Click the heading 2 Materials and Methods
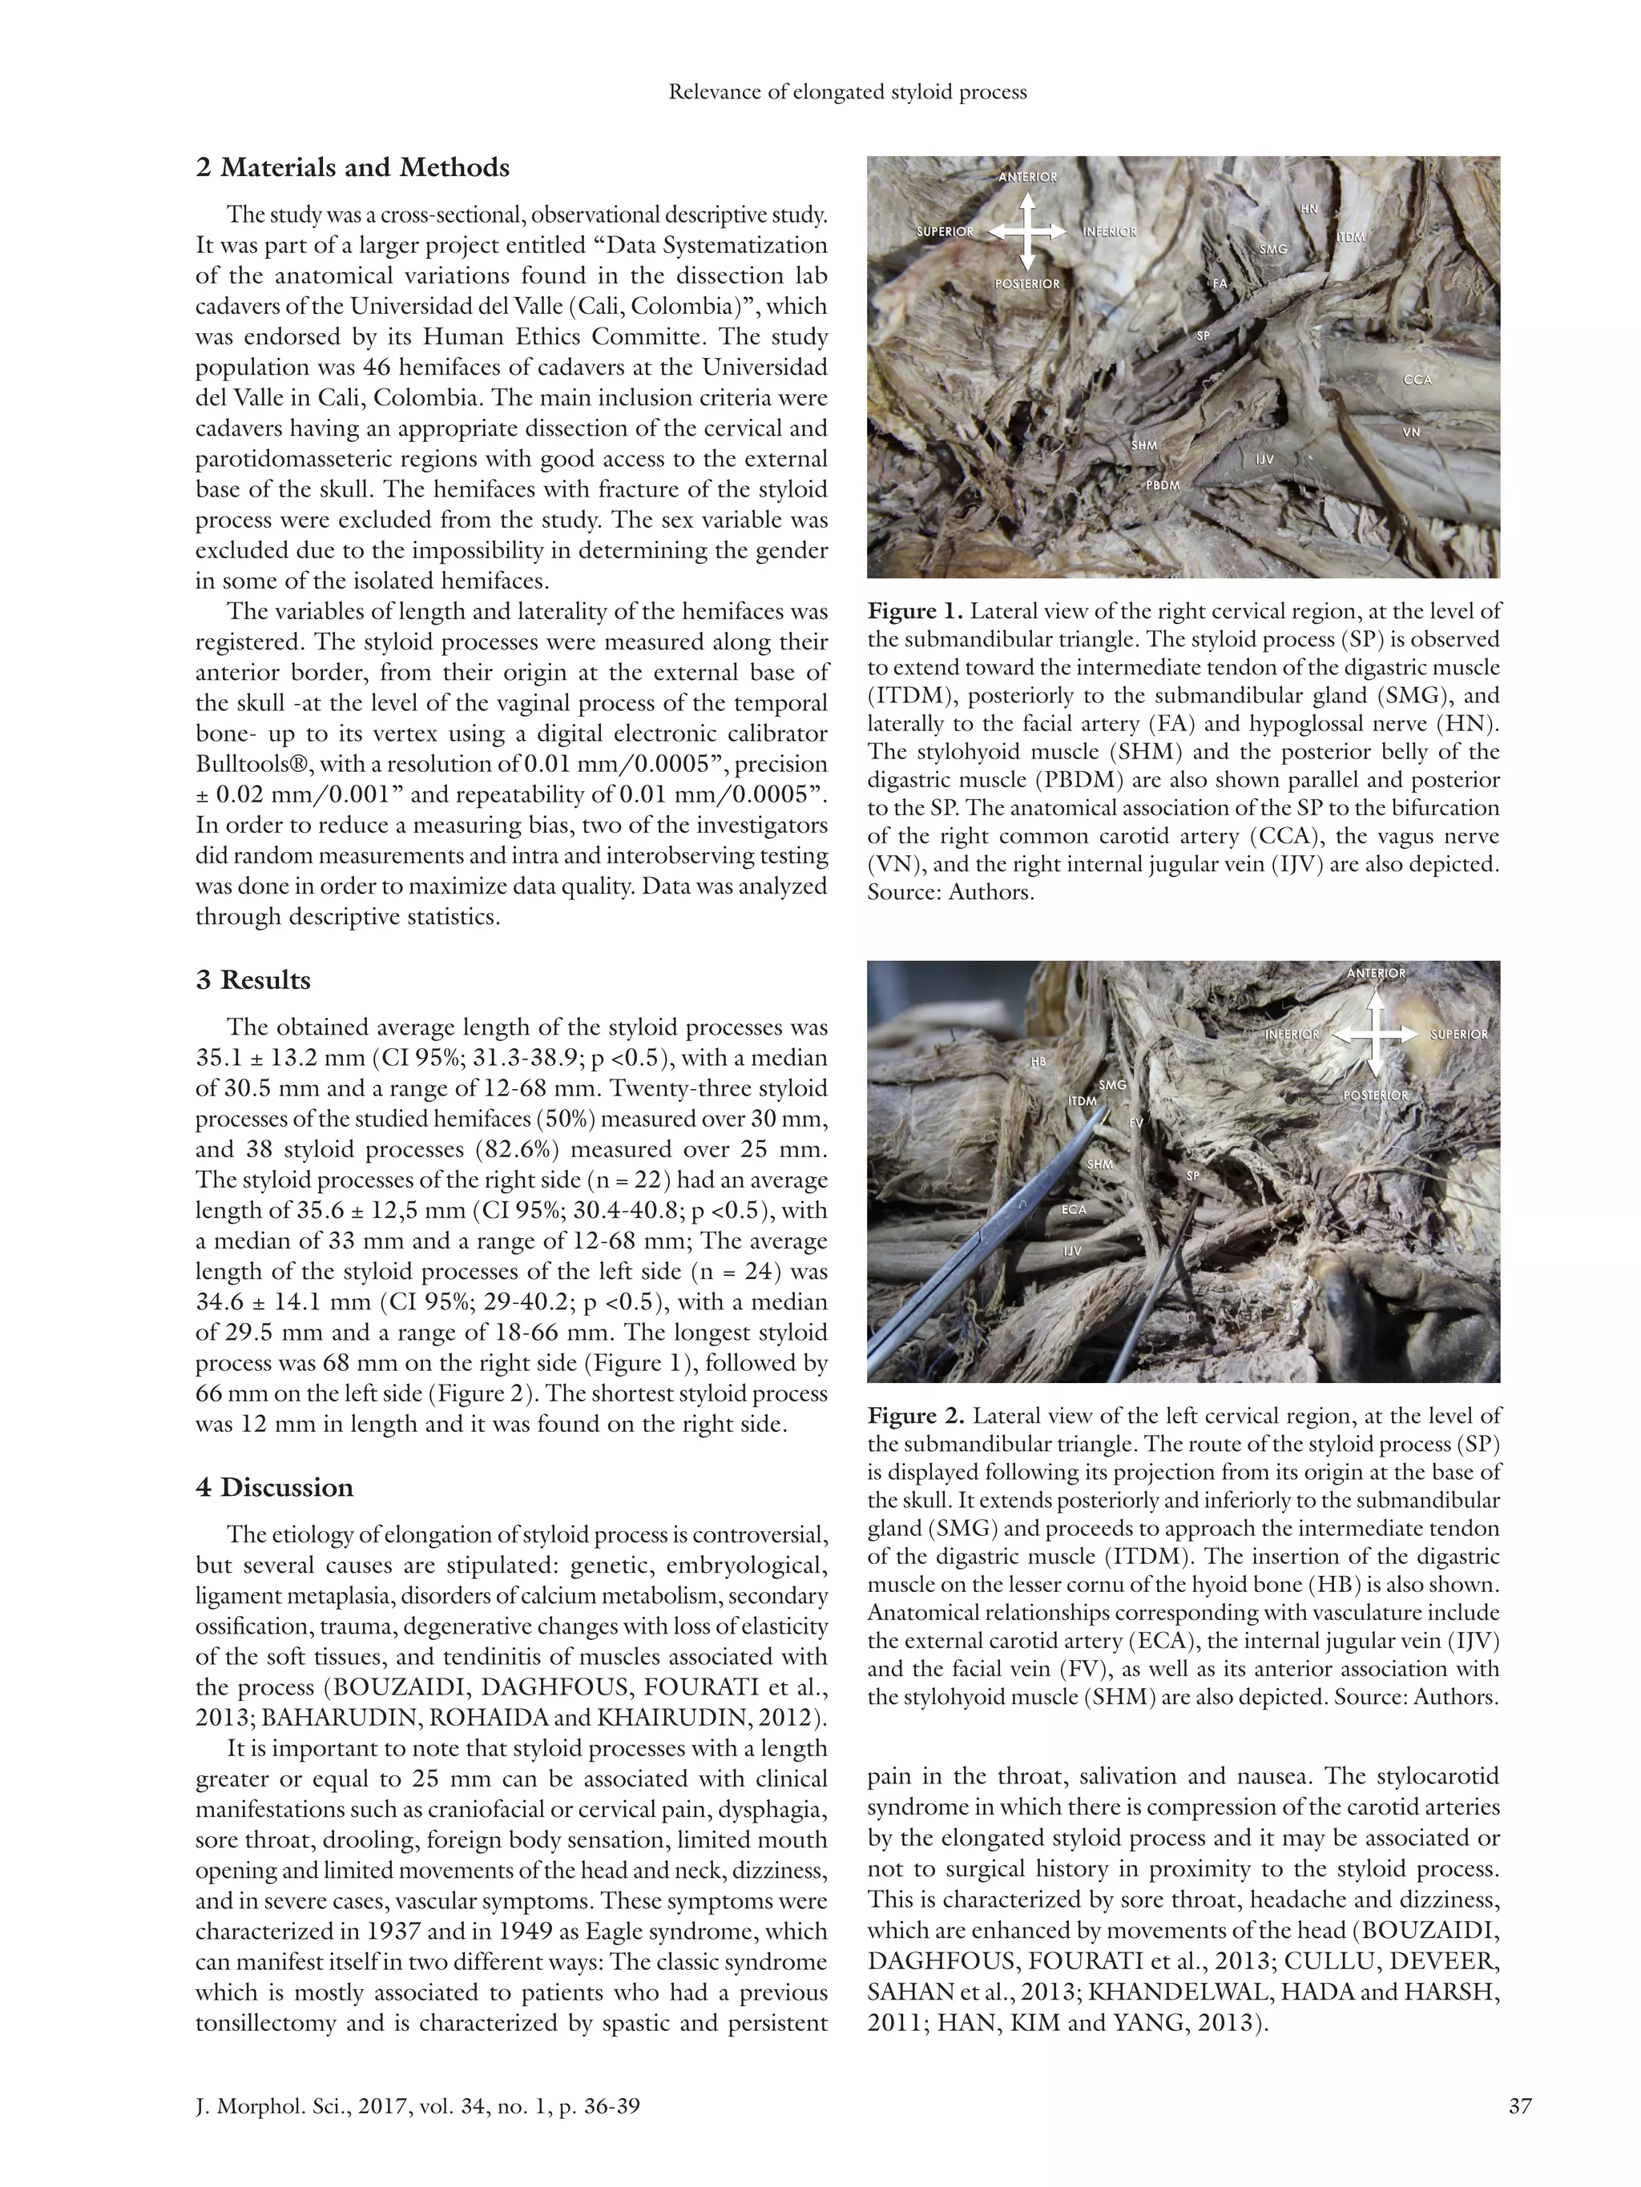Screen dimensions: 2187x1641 352,167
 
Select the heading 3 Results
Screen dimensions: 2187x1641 253,980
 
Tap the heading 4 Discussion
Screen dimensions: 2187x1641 274,1487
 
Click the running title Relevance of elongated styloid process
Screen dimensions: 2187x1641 848,92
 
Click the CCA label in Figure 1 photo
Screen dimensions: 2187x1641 1417,380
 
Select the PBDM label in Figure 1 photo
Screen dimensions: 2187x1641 1163,485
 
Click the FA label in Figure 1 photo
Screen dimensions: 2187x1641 1220,283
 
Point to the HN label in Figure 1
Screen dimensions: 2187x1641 1308,210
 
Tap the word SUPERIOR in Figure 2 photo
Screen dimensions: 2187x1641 1458,1034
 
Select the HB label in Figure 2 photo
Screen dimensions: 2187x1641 1038,1062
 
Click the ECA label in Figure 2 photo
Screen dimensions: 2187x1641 1073,1209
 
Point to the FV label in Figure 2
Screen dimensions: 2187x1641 1135,1124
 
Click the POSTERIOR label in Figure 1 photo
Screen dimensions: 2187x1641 1026,283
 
